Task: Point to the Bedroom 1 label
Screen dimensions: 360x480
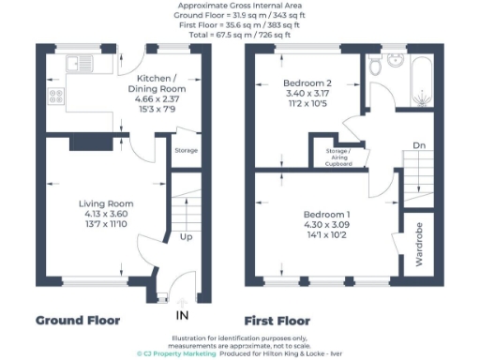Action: [325, 216]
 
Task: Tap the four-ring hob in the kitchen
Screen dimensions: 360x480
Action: [54, 97]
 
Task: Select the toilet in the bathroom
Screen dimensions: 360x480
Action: [374, 65]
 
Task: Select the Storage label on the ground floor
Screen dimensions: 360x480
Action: [185, 150]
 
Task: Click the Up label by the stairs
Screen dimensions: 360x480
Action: [187, 237]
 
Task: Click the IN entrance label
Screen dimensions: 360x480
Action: [181, 314]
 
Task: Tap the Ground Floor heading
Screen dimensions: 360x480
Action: [78, 320]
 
